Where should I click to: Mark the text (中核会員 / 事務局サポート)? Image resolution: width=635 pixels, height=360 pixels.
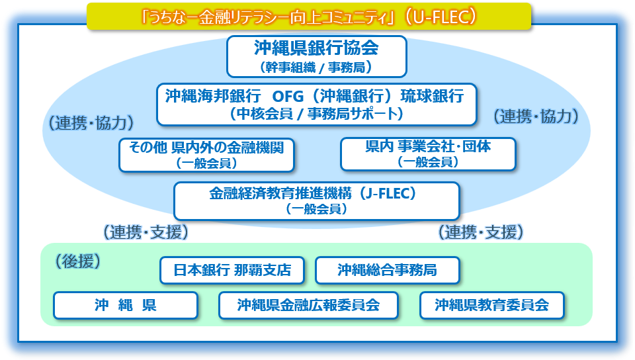pos(316,114)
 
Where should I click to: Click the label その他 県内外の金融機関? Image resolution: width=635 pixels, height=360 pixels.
pos(206,147)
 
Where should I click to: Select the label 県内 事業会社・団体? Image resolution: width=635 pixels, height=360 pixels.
pos(428,146)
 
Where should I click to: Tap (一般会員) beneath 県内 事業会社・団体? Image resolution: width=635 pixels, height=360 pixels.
pos(428,162)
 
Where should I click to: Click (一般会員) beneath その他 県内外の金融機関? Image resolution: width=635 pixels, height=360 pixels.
pos(206,163)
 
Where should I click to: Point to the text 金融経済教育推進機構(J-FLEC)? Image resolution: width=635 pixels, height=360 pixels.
pos(316,193)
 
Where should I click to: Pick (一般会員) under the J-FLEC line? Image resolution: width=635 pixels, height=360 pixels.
pos(316,209)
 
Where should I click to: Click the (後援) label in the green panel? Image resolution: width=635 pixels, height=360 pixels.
pos(77,261)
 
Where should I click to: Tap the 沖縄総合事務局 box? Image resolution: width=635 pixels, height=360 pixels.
pos(387,270)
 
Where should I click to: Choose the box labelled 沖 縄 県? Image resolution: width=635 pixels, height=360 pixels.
pos(125,305)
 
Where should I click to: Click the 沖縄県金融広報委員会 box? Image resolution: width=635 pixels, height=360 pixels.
pos(308,305)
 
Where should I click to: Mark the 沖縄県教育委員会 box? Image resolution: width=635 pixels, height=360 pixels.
pos(491,305)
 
